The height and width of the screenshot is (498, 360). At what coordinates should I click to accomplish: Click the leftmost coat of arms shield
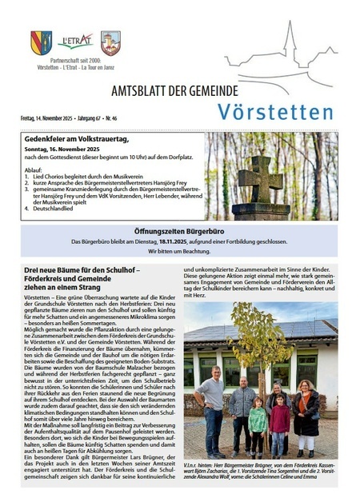pyautogui.click(x=42, y=42)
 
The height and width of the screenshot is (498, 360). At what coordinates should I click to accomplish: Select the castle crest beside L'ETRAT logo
pyautogui.click(x=110, y=42)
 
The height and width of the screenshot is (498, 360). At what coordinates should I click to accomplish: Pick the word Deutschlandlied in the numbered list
pyautogui.click(x=55, y=209)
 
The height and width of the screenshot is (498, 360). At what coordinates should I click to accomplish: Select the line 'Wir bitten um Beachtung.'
pyautogui.click(x=179, y=251)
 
